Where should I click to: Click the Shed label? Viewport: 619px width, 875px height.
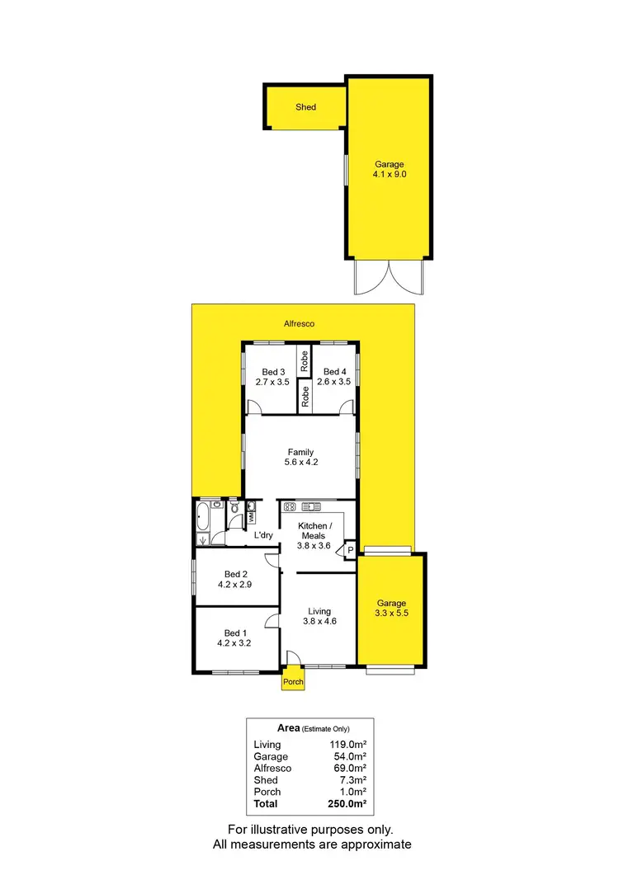(x=305, y=107)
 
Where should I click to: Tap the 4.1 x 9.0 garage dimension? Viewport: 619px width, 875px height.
(x=388, y=175)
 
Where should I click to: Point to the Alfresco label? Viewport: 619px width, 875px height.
(x=299, y=324)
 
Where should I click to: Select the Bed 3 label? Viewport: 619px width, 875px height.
(x=272, y=372)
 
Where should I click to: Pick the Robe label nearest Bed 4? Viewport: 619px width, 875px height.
(x=305, y=360)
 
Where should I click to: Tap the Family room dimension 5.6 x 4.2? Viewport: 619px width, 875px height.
(x=300, y=463)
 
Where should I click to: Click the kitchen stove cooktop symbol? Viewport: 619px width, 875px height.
(x=290, y=507)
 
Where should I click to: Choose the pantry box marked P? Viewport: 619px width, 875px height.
(x=350, y=550)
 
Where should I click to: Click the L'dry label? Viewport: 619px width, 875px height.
(x=263, y=536)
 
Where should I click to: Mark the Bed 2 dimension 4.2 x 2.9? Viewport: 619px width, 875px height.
(x=234, y=585)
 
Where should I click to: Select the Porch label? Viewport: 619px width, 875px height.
(x=293, y=682)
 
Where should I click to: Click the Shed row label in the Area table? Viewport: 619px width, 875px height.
(x=266, y=780)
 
